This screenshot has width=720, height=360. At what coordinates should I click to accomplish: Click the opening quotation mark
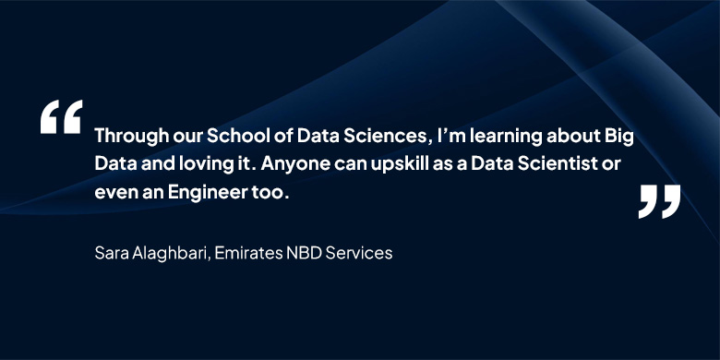pyautogui.click(x=61, y=116)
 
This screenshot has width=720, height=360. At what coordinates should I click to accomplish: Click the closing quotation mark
pyautogui.click(x=659, y=201)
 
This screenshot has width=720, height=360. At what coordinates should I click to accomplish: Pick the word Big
pyautogui.click(x=619, y=138)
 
